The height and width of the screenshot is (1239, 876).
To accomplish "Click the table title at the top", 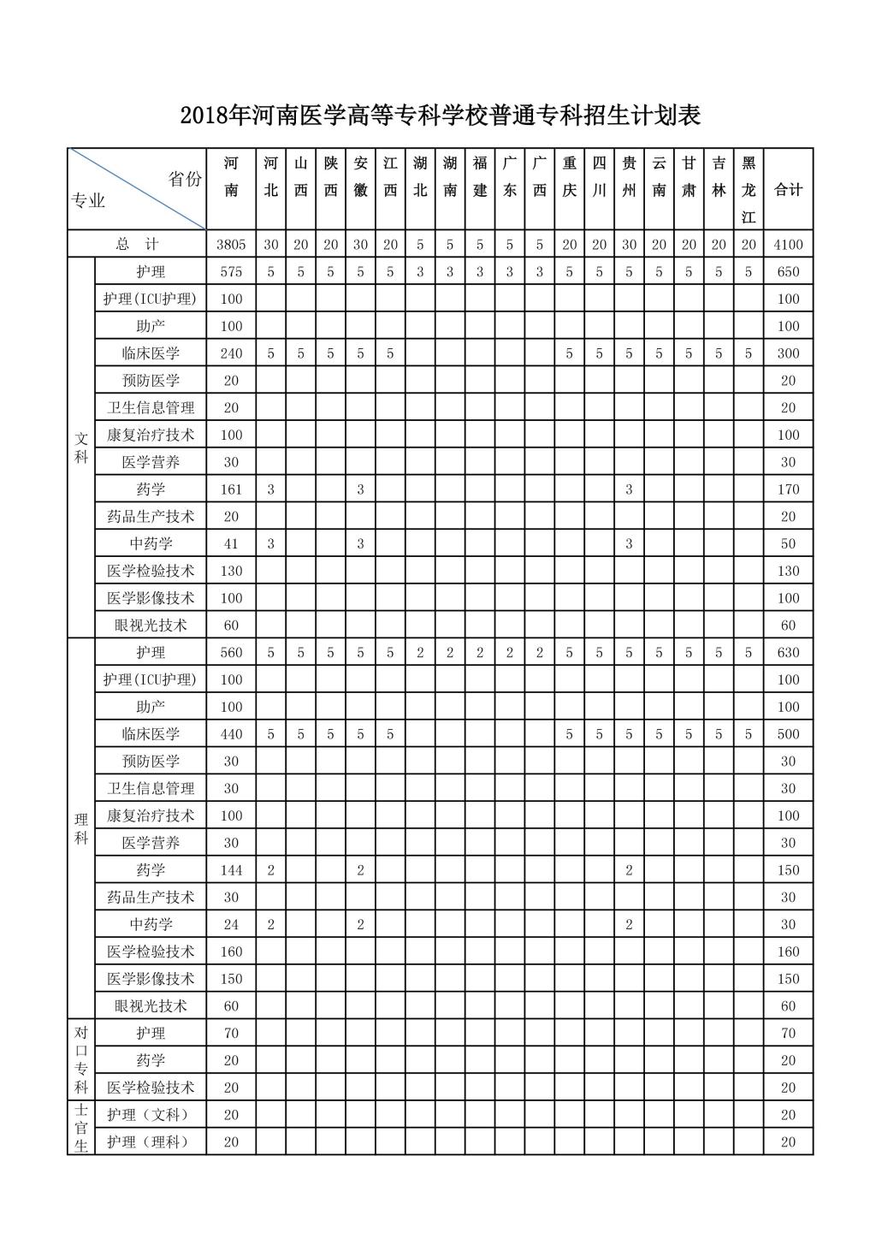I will point(441,116).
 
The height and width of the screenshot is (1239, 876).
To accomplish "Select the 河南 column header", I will point(231,177).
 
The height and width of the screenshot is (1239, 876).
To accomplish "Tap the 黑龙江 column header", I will point(749,189).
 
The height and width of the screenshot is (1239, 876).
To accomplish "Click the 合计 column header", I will point(788,190).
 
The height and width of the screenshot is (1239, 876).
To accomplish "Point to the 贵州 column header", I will point(629,177).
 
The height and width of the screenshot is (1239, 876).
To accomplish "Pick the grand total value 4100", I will point(788,244).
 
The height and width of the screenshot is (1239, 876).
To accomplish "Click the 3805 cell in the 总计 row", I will point(231,244).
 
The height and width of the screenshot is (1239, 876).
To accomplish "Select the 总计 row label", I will point(137,244).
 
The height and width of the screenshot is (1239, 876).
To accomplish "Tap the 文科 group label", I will point(81,448).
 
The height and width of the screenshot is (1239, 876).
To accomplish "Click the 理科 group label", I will point(81,828).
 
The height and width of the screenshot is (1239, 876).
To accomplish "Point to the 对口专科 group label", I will point(81,1060).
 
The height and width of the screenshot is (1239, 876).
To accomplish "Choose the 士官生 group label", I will point(81,1128).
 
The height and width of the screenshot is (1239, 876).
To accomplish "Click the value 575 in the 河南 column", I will point(231,272).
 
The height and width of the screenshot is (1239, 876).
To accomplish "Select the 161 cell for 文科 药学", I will point(231,489).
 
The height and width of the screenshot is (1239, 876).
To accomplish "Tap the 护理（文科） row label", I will point(151,1115).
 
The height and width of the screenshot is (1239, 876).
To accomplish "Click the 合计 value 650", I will point(788,272).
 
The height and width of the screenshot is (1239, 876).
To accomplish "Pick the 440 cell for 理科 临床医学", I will point(231,734).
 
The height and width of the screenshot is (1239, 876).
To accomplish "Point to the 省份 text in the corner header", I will point(185,179).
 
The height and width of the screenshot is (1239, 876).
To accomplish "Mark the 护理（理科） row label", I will point(151,1142).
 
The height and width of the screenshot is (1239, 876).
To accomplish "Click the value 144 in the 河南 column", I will point(231,870).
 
